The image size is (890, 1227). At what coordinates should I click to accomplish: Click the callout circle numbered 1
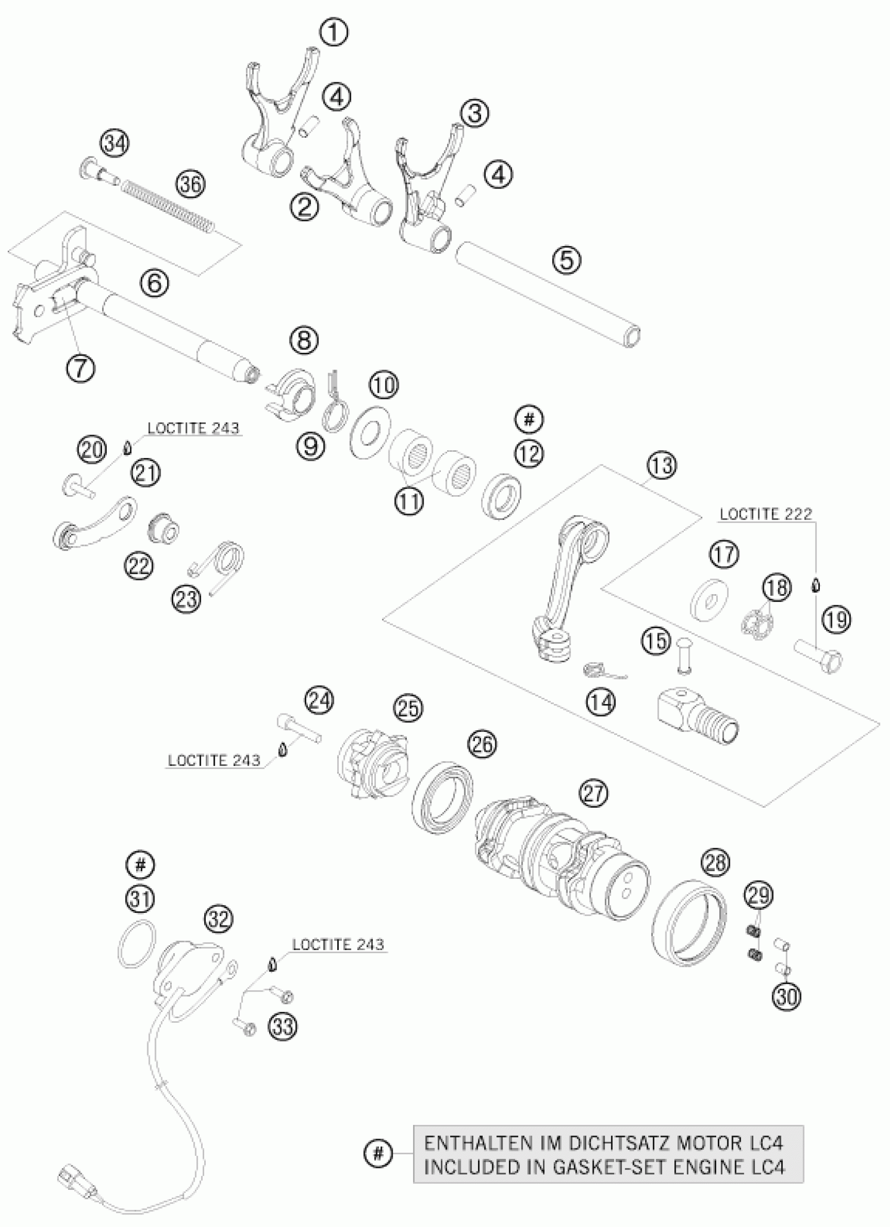[x=333, y=32]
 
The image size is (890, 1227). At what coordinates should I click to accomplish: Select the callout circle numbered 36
[x=191, y=185]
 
